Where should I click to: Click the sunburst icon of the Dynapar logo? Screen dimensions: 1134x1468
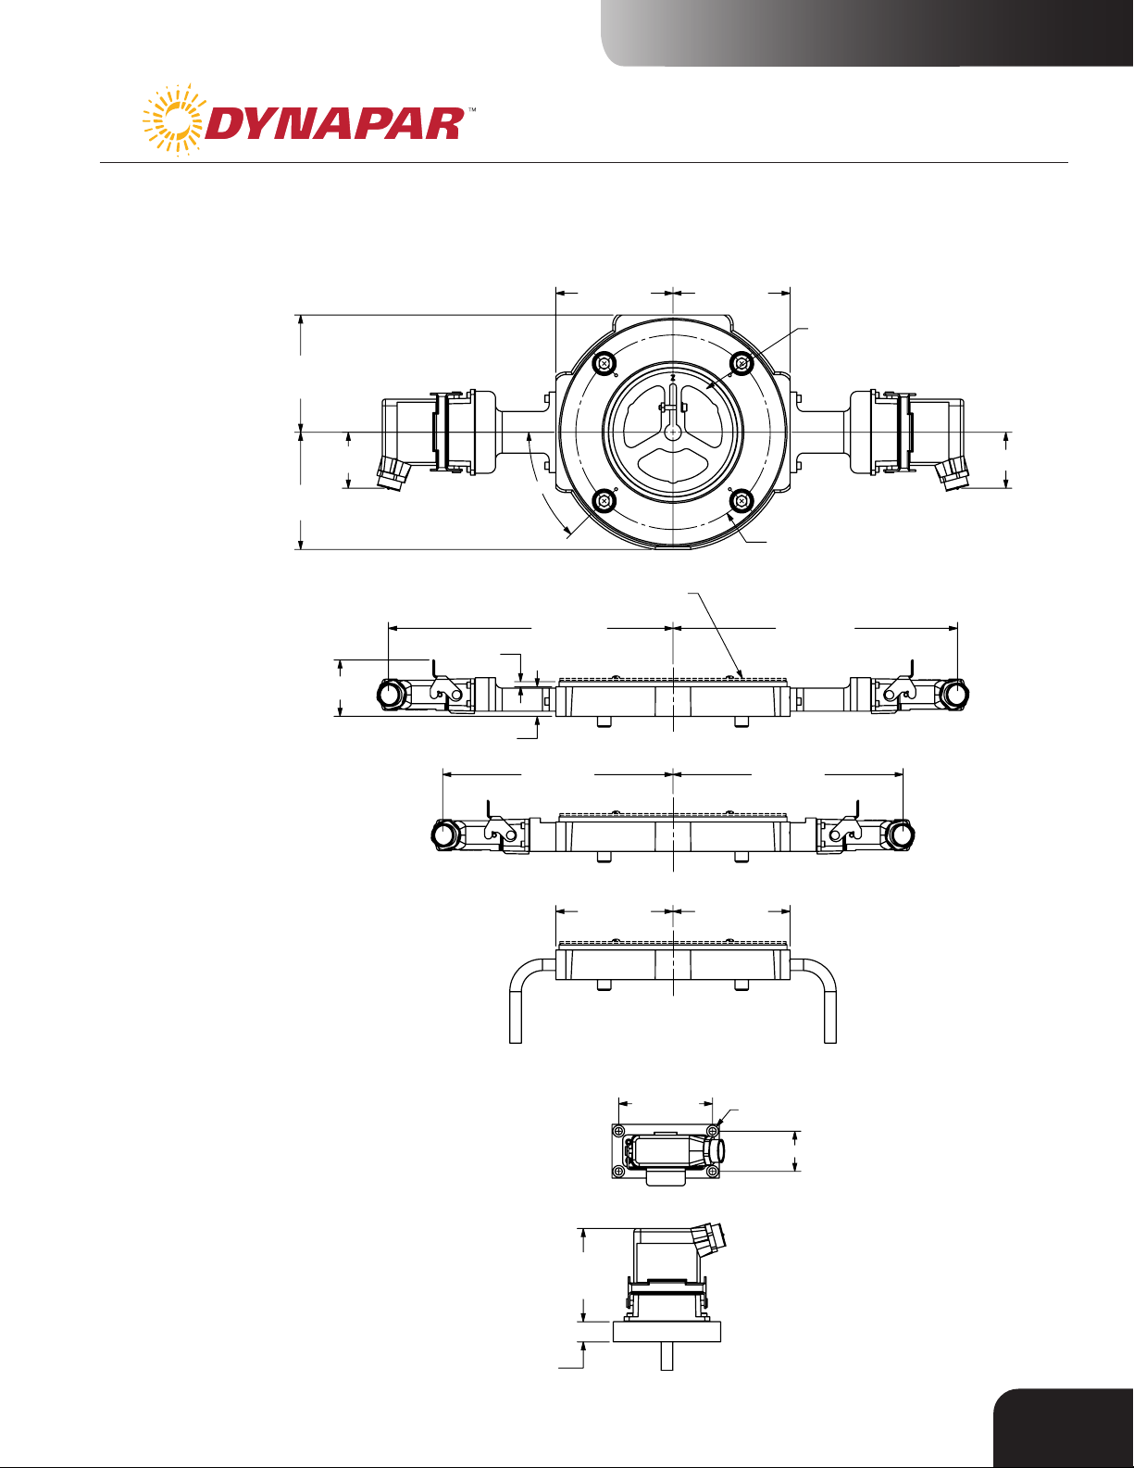(172, 120)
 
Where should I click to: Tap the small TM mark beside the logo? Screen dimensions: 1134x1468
(472, 108)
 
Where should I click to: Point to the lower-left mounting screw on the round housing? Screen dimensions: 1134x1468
(602, 500)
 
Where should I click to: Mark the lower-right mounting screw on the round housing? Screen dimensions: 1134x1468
(741, 500)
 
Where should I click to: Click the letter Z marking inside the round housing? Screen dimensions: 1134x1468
(673, 378)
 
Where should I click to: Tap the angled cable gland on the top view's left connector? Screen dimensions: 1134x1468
(395, 473)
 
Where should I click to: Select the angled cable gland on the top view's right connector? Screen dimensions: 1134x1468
(951, 473)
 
